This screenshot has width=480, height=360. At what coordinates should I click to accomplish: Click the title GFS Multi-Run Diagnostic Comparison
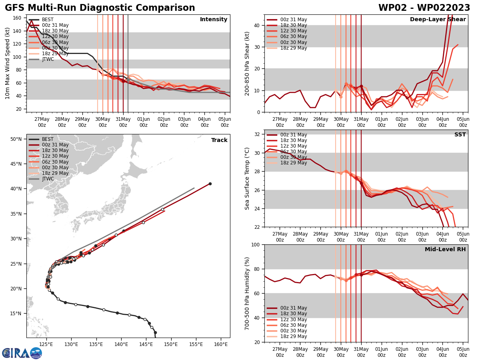pyautogui.click(x=100, y=8)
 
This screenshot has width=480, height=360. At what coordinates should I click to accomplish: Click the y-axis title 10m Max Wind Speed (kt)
pyautogui.click(x=8, y=63)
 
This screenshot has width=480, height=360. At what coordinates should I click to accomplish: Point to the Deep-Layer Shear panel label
pyautogui.click(x=438, y=20)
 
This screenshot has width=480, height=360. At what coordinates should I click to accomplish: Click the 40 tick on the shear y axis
pyautogui.click(x=257, y=26)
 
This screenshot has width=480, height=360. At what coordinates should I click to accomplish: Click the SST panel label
pyautogui.click(x=460, y=135)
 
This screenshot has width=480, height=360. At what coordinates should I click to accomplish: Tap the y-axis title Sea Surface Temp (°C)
pyautogui.click(x=247, y=178)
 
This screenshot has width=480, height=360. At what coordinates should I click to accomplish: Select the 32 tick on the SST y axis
pyautogui.click(x=257, y=134)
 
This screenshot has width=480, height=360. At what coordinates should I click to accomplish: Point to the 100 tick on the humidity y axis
pyautogui.click(x=254, y=245)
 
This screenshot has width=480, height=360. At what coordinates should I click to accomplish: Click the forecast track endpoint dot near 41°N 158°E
pyautogui.click(x=210, y=184)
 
